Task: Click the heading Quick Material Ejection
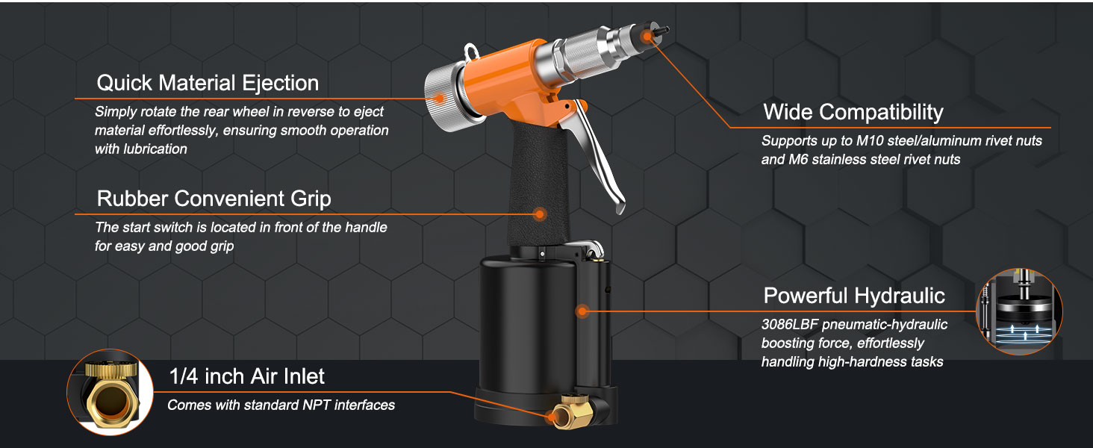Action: click(208, 83)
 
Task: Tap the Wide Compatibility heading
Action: click(853, 113)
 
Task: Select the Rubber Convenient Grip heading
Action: click(214, 199)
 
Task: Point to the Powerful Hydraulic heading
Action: click(854, 296)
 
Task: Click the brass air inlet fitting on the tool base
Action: click(571, 411)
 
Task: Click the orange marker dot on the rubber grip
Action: click(539, 214)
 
